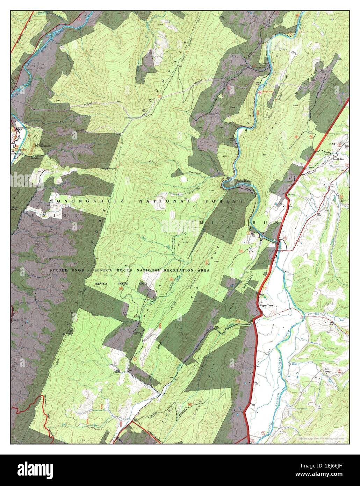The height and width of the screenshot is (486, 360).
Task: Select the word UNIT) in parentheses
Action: [x=143, y=284]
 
